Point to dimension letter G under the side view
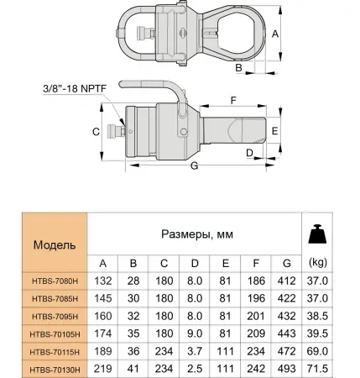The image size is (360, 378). point(194,167)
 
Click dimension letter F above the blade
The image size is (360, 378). point(232,99)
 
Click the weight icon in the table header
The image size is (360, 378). point(318,234)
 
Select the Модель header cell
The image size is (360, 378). point(55,245)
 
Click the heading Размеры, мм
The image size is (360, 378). point(196,234)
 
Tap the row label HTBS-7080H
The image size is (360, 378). point(55,281)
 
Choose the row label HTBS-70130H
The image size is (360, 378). point(55,369)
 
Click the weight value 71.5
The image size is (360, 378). point(318,369)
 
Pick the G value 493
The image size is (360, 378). point(286,369)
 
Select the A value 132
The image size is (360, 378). point(103,281)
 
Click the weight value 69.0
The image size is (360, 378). point(318,351)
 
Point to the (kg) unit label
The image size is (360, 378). point(318,261)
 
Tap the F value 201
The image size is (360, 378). point(255,316)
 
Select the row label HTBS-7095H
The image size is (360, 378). point(55,316)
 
